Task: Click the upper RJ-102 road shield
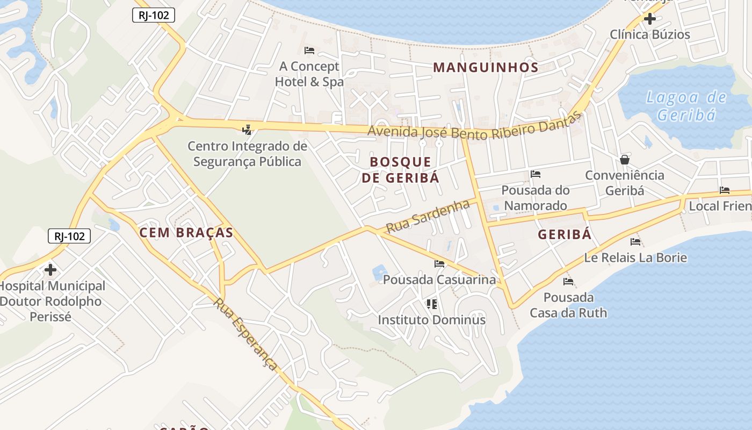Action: pyautogui.click(x=154, y=16)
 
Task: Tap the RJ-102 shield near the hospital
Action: pyautogui.click(x=69, y=235)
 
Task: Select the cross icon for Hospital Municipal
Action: pyautogui.click(x=50, y=269)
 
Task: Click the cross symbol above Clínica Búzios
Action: pyautogui.click(x=649, y=19)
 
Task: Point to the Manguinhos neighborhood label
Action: pyautogui.click(x=486, y=67)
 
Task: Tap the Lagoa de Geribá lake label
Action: pyautogui.click(x=686, y=106)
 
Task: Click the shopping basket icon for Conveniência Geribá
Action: pyautogui.click(x=625, y=160)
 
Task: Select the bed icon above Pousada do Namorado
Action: pyautogui.click(x=535, y=174)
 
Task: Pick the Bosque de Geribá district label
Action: pyautogui.click(x=401, y=169)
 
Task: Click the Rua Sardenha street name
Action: pyautogui.click(x=428, y=217)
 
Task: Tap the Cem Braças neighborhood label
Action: pyautogui.click(x=186, y=233)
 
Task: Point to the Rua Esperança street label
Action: pyautogui.click(x=245, y=334)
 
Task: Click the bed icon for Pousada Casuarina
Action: pyautogui.click(x=439, y=264)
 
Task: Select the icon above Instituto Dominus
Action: pyautogui.click(x=431, y=304)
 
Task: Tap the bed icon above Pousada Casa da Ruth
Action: pyautogui.click(x=568, y=282)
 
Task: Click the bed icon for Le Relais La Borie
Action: pyautogui.click(x=635, y=242)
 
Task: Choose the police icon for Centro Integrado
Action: pyautogui.click(x=247, y=130)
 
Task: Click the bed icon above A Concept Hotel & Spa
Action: pyautogui.click(x=309, y=51)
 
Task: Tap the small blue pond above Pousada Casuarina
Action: pyautogui.click(x=380, y=272)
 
